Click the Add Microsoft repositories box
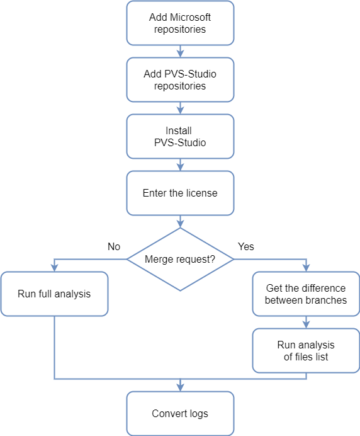pyautogui.click(x=180, y=23)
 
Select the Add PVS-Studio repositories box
pyautogui.click(x=180, y=79)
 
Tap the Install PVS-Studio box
pyautogui.click(x=180, y=136)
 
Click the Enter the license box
pyautogui.click(x=180, y=193)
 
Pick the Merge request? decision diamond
pyautogui.click(x=180, y=259)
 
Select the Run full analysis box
pyautogui.click(x=54, y=294)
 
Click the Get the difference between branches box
pyautogui.click(x=306, y=294)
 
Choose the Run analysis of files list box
pyautogui.click(x=306, y=350)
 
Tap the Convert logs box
pyautogui.click(x=180, y=413)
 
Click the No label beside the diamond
pyautogui.click(x=114, y=246)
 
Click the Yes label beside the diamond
pyautogui.click(x=246, y=246)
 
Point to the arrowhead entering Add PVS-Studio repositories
pyautogui.click(x=180, y=54)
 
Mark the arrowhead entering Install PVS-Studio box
pyautogui.click(x=180, y=111)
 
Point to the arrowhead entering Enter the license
pyautogui.click(x=180, y=168)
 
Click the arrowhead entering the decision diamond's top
pyautogui.click(x=180, y=224)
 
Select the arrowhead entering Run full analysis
pyautogui.click(x=54, y=268)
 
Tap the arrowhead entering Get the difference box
pyautogui.click(x=306, y=268)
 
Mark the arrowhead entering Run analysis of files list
pyautogui.click(x=306, y=324)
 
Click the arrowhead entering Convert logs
pyautogui.click(x=180, y=387)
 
